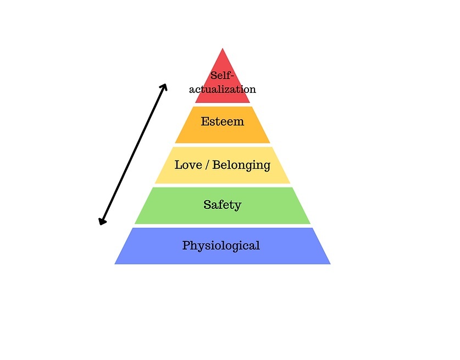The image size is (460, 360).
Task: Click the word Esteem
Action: tap(223, 121)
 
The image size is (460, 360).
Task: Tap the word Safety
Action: tap(223, 205)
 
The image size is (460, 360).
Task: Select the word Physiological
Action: tap(221, 246)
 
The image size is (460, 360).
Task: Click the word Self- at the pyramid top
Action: tap(223, 76)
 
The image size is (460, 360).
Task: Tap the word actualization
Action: tap(223, 89)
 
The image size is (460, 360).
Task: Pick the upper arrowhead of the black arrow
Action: tap(164, 86)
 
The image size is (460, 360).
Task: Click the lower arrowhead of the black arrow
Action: tap(102, 222)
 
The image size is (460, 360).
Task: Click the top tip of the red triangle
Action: tap(223, 48)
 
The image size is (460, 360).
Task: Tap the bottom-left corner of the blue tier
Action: tap(115, 264)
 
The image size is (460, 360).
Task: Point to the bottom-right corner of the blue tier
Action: tap(330, 264)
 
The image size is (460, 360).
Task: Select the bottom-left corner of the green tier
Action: tap(135, 224)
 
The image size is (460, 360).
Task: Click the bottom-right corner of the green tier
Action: tap(310, 224)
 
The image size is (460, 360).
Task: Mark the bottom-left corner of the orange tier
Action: tap(175, 143)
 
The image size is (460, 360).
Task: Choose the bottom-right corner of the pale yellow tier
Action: tap(290, 183)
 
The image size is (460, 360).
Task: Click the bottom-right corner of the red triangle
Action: tap(250, 103)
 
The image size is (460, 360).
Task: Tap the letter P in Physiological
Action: tap(186, 245)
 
